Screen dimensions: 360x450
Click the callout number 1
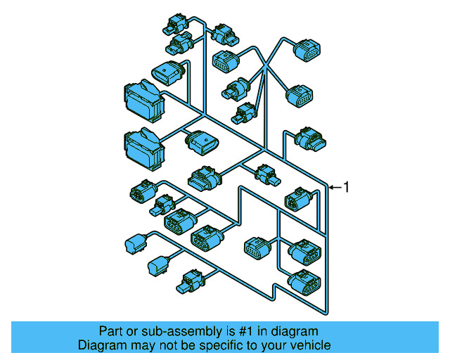345,187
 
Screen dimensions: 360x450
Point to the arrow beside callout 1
335,187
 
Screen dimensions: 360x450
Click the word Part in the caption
110,331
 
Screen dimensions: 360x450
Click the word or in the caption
131,331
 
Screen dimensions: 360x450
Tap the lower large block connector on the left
143,146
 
